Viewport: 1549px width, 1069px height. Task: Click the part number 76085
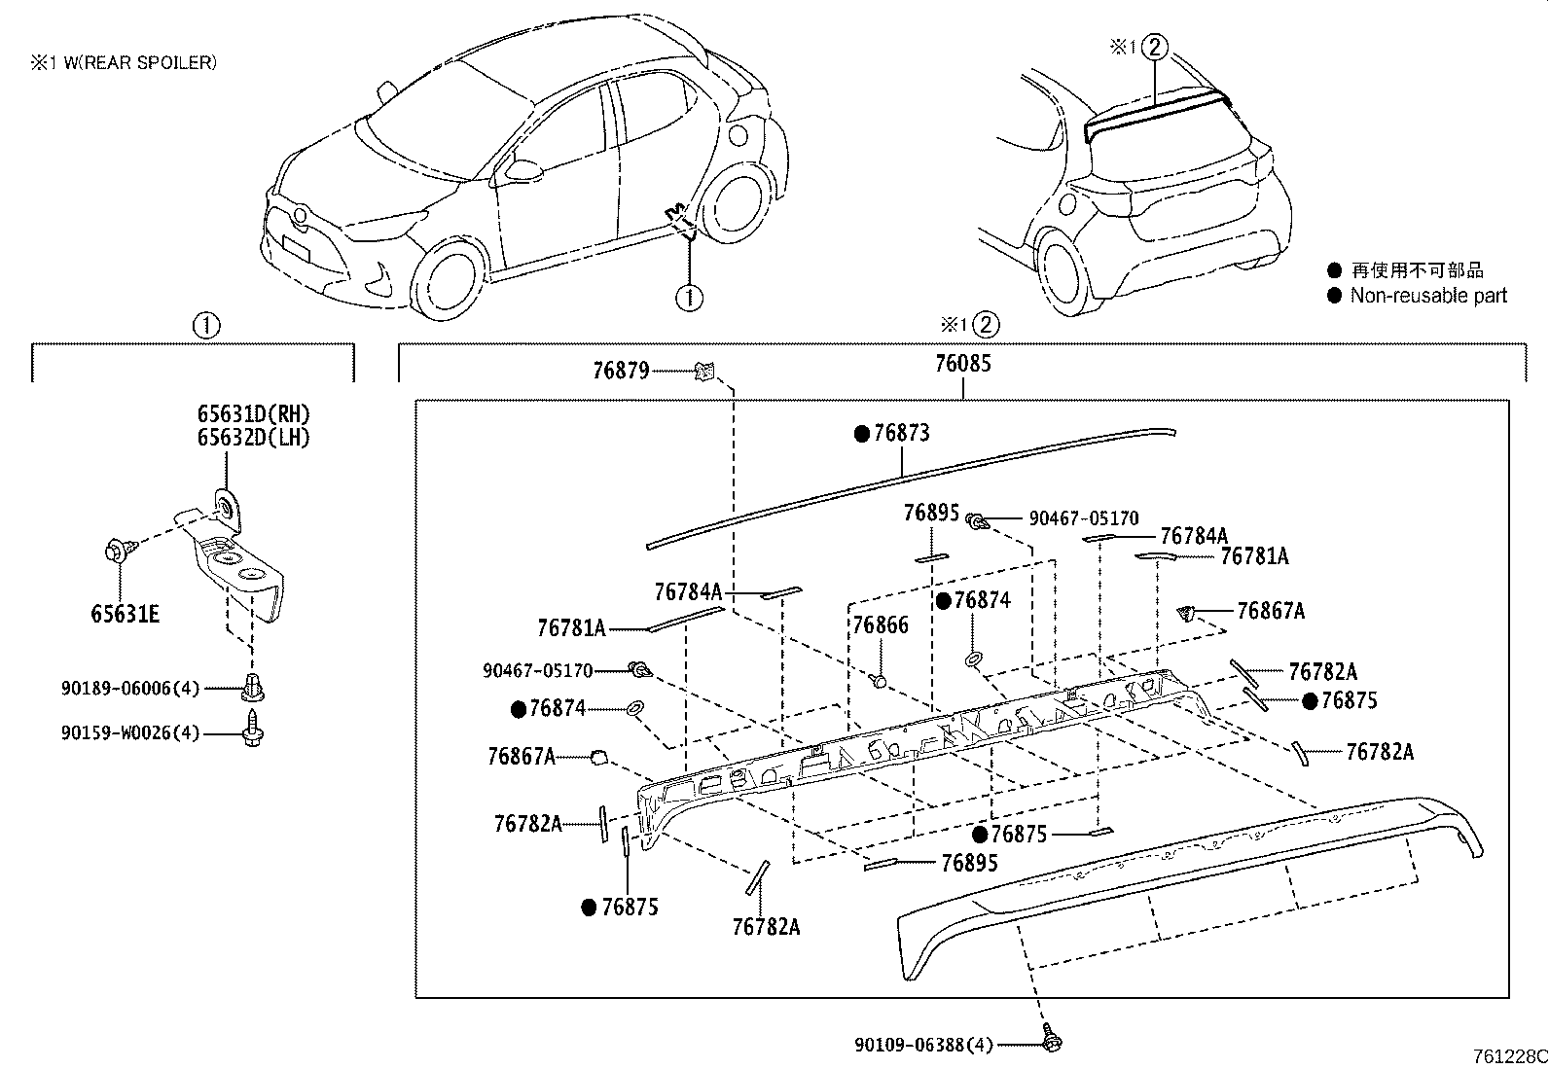962,364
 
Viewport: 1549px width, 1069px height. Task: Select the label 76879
621,371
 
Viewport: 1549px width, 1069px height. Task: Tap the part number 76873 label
901,434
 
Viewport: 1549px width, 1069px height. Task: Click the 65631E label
125,614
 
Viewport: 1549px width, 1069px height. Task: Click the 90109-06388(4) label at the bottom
924,1045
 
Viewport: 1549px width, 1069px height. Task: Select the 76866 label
881,625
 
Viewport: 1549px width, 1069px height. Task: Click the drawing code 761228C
1508,1057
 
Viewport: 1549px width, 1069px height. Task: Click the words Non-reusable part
1427,296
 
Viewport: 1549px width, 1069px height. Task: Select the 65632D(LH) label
254,438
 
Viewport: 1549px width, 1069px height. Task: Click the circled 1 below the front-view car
689,297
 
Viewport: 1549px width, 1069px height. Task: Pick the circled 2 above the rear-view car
1154,46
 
